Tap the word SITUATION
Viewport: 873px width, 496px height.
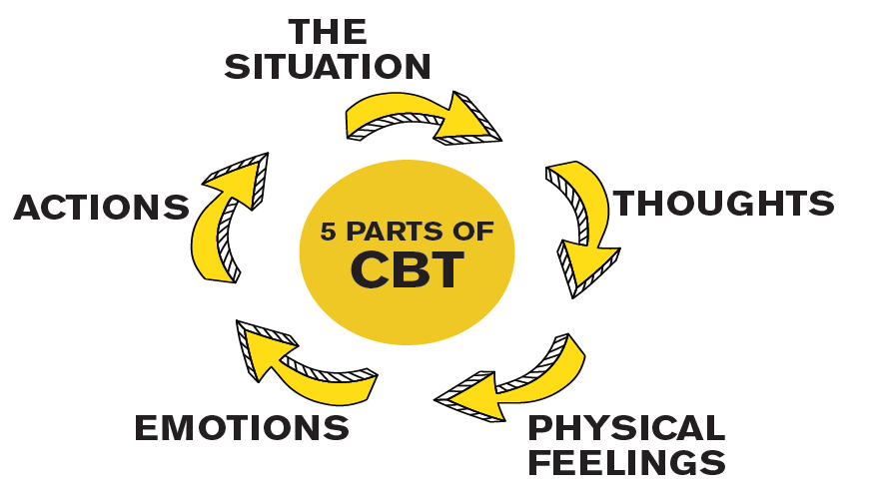328,67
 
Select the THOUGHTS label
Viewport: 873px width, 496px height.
723,204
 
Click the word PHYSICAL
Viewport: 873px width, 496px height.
626,428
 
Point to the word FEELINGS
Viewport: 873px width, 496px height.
625,463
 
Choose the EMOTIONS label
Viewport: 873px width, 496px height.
242,428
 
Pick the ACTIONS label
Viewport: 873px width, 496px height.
102,208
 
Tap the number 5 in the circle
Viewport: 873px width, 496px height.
328,233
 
